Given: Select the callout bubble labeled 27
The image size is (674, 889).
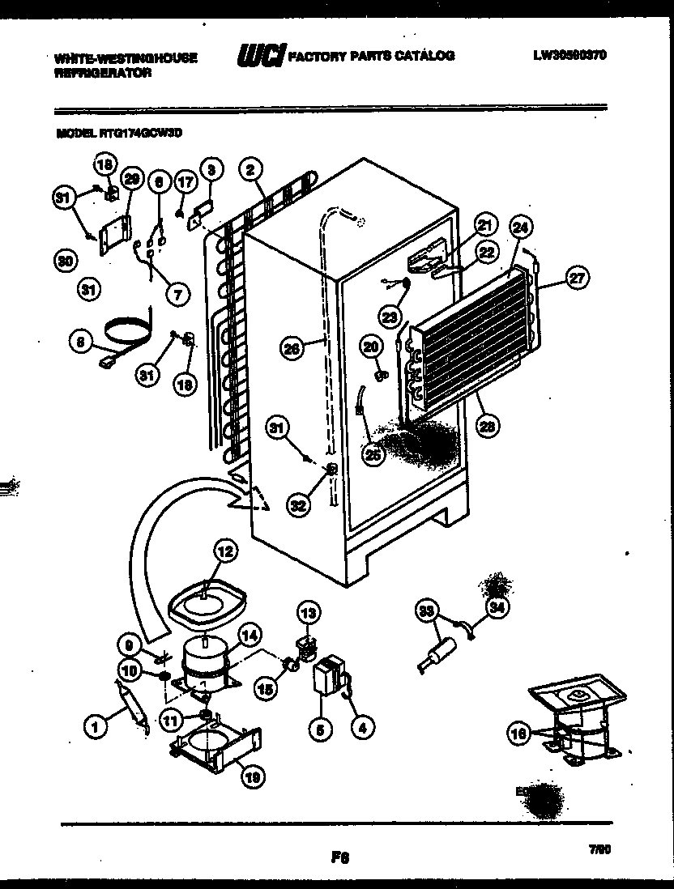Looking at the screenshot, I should (x=577, y=280).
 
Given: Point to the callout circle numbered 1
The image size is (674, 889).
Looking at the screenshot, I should (x=96, y=727).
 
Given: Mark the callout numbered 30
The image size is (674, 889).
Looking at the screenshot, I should (x=62, y=261).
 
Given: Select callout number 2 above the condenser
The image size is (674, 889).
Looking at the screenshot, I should (x=251, y=170).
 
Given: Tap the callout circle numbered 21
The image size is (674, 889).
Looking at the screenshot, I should (x=484, y=225).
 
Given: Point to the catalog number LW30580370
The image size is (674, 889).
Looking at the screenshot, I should (x=570, y=56).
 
